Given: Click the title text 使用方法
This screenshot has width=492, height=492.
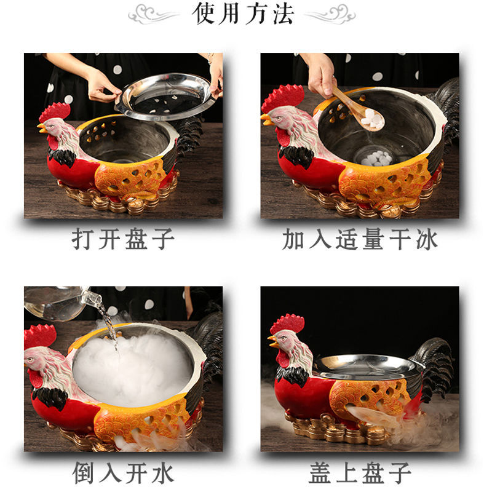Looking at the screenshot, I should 245,14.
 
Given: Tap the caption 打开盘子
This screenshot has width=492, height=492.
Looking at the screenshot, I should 124,239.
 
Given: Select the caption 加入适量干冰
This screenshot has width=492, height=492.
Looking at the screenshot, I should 360,239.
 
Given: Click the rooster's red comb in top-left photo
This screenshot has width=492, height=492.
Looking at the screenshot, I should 55,111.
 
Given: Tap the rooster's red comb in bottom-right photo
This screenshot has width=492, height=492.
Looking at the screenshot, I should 287,323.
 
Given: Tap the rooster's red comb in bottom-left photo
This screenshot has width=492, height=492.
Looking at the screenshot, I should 39,335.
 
